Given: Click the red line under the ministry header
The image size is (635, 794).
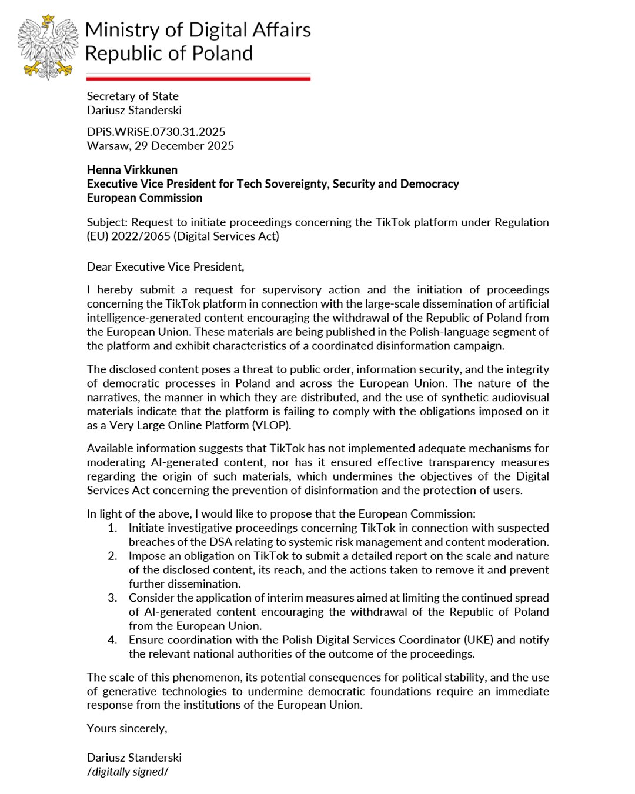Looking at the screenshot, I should point(198,78).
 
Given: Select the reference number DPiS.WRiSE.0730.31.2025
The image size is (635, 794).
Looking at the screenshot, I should point(156,132).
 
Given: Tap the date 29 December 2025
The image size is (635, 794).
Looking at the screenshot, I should point(184,146).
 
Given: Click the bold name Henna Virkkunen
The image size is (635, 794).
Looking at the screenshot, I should point(132,170).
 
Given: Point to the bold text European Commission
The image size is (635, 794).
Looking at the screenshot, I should point(145,198).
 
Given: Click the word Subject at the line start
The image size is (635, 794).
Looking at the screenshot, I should point(106,222).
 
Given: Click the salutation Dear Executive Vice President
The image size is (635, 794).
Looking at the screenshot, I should point(165,267).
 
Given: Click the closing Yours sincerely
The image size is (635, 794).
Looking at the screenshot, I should point(127,729).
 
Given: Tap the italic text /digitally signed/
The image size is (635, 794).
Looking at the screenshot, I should point(128,772).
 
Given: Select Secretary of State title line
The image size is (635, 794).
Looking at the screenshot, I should point(132,96).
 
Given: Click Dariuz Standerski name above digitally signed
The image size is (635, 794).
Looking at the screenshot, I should point(134,758).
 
